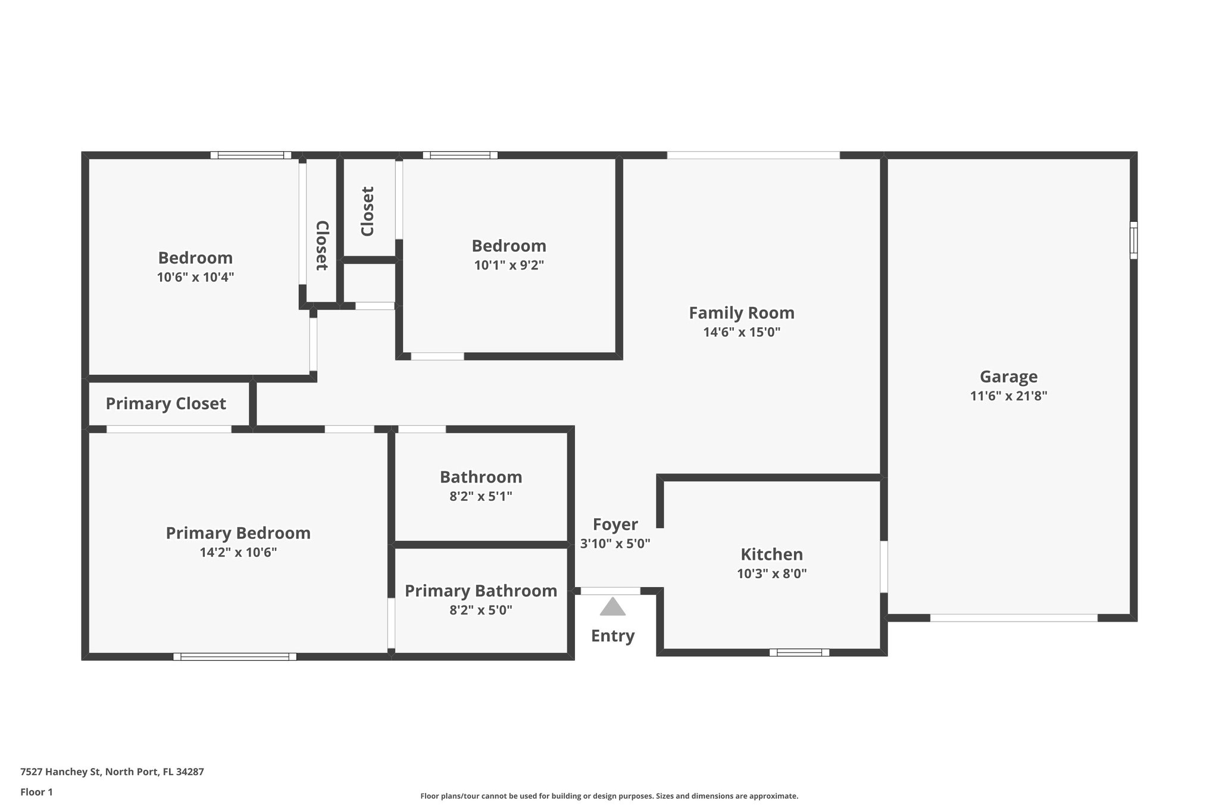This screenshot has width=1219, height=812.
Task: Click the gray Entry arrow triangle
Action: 612,607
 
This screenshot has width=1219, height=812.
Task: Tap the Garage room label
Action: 1008,377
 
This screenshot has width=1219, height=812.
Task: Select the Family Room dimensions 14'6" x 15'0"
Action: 742,332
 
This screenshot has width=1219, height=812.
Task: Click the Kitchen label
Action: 771,554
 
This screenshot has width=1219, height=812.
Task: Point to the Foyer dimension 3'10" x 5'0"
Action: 615,543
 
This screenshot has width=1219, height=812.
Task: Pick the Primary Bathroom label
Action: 481,591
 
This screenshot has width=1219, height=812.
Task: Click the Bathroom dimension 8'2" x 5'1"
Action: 480,496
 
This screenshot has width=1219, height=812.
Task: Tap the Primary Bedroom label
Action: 238,533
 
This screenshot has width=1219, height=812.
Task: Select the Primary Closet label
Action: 165,404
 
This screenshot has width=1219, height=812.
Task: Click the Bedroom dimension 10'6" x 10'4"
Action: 195,277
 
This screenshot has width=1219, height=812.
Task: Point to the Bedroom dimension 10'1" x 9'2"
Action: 509,265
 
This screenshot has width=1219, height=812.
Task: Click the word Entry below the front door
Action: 612,636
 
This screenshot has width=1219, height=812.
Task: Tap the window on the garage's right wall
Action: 1133,240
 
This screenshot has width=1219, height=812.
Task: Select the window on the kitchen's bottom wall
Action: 799,653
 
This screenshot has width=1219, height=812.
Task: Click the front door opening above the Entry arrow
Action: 610,591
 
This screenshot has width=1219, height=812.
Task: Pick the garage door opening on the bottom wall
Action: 1013,618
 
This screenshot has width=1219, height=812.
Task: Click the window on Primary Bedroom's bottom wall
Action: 235,657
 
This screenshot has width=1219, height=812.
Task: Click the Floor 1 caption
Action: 36,792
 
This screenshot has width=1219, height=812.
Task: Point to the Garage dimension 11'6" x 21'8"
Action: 1008,396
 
